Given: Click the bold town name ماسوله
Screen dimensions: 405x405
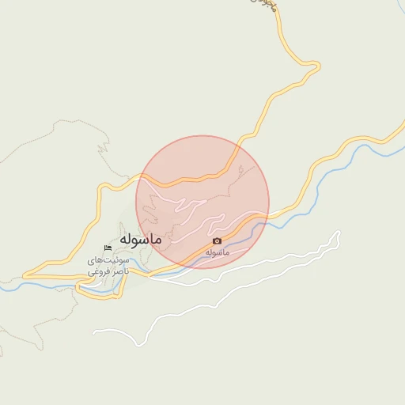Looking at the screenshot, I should [x=141, y=238].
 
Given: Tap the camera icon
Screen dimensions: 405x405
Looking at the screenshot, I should [x=218, y=240].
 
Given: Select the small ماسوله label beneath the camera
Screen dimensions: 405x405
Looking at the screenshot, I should [x=217, y=252].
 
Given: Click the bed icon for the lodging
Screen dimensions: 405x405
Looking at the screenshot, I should [x=108, y=249].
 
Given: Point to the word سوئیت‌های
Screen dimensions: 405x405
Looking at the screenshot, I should [x=108, y=260].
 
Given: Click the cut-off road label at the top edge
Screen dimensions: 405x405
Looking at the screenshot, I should [x=269, y=4].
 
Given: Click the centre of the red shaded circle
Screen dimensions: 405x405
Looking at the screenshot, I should [x=202, y=202].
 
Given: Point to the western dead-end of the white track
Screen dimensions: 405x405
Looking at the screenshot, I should [x=95, y=330].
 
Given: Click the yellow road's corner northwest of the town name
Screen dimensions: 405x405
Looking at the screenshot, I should [x=100, y=187].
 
